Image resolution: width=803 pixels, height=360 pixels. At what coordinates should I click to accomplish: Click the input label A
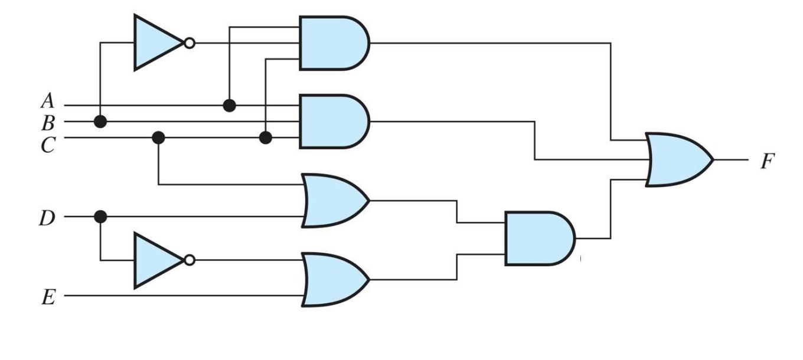point(47,102)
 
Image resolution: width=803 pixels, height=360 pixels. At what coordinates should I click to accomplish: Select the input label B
point(47,123)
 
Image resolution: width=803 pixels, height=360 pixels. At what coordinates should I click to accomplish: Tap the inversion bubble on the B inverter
point(189,43)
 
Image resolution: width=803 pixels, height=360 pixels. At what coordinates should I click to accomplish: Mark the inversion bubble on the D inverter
point(189,260)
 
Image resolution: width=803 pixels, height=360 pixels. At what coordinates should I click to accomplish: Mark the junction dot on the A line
point(230,106)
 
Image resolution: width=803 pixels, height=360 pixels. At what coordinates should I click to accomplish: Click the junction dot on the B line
point(101,122)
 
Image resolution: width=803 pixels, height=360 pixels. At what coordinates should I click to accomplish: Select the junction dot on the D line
point(100,217)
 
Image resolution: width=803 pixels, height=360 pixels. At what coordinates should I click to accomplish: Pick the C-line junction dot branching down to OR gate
point(158,138)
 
